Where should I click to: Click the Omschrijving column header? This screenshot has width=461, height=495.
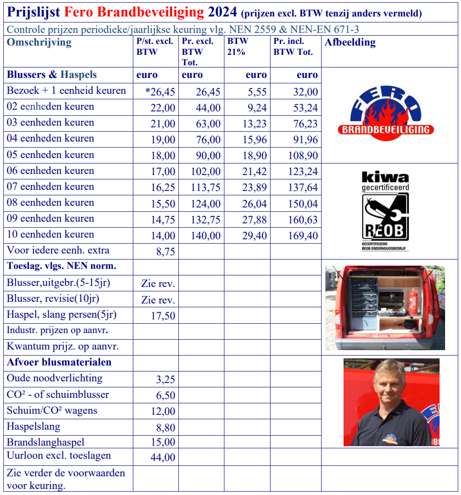point(39,43)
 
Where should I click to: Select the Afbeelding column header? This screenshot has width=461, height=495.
point(350,42)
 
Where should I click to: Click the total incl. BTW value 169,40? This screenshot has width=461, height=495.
point(303,236)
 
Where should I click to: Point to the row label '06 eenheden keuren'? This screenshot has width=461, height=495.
point(50,171)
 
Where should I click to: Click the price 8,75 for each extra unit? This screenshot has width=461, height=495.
point(164,251)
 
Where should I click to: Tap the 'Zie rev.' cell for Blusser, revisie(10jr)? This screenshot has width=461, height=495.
point(158,300)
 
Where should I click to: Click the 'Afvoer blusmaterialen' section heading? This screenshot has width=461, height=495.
point(59,362)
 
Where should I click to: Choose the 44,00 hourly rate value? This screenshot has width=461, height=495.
point(163,457)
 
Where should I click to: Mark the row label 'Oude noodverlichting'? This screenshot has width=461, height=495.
point(54,378)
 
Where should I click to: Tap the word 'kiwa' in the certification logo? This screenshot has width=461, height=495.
point(385,177)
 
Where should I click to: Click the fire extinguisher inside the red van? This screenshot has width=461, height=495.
point(413,302)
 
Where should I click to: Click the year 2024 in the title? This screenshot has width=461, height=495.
point(222,12)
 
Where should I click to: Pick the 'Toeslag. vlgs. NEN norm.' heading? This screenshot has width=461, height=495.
point(61,267)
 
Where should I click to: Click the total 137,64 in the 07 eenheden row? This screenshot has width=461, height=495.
point(303,188)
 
